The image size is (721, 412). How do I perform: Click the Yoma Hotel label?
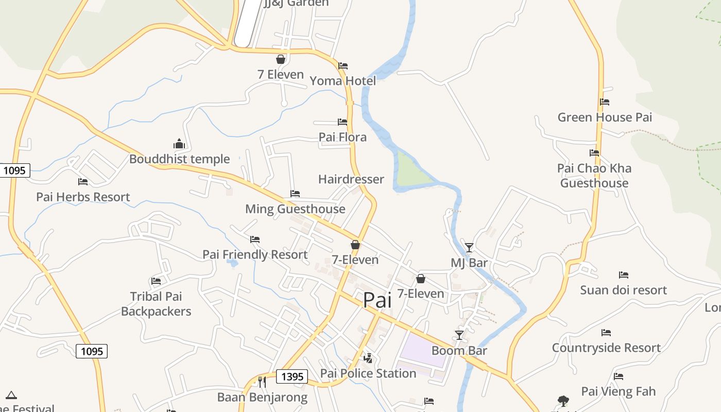(342, 81)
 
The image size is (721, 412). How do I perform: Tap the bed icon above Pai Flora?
(342, 122)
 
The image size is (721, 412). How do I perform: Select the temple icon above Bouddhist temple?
(179, 144)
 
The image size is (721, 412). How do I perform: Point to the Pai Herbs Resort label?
(83, 197)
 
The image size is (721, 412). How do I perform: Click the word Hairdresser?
(351, 179)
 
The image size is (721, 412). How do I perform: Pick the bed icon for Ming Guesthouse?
(295, 194)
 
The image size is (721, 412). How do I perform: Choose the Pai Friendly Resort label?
(255, 254)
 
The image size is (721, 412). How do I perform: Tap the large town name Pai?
(377, 300)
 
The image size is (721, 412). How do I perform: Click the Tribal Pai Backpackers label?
(156, 304)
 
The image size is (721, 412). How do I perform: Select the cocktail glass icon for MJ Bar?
(469, 248)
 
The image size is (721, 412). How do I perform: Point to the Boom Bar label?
(459, 351)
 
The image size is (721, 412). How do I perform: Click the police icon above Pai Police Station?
(368, 358)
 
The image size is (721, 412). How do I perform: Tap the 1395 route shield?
(292, 376)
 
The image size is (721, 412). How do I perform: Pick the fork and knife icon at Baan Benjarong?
(262, 382)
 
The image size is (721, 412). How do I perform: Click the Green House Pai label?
(605, 117)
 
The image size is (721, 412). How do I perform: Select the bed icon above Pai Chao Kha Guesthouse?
(594, 153)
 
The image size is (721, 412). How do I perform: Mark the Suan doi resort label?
(623, 290)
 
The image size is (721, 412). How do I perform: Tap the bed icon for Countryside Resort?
(606, 333)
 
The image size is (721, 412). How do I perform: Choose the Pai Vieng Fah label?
(619, 391)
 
